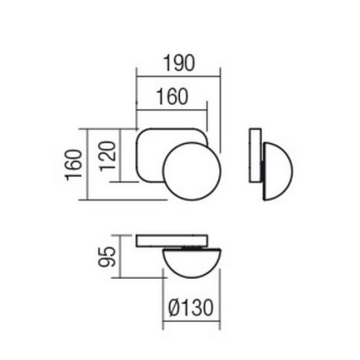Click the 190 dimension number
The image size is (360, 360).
click(178, 64)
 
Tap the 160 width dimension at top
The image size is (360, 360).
click(172, 97)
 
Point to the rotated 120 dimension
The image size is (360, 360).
click(106, 155)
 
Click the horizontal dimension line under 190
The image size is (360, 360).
click(178, 75)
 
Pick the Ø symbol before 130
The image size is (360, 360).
click(172, 308)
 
